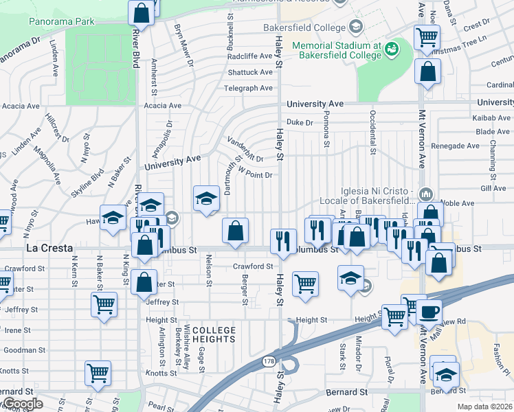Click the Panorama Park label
(62, 21)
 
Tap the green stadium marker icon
(391, 48)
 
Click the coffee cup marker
(429, 312)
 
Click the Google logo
(22, 404)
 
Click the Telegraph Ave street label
(249, 88)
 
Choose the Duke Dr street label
(300, 122)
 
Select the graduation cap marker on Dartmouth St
(205, 199)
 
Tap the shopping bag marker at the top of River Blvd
(141, 12)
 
